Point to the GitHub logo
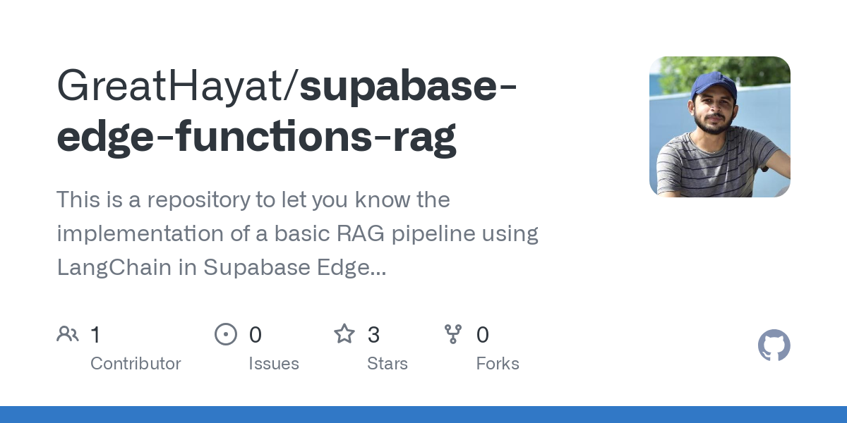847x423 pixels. [x=774, y=345]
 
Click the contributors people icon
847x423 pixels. [x=68, y=333]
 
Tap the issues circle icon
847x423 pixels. [x=225, y=333]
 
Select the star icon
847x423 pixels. [x=344, y=333]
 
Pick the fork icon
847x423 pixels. [x=453, y=333]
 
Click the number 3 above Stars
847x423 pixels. [x=373, y=334]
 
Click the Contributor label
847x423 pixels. [x=136, y=364]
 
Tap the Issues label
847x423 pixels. [x=274, y=364]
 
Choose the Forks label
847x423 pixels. [x=498, y=364]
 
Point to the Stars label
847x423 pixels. [x=388, y=364]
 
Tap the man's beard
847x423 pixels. [x=711, y=125]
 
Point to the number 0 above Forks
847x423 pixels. [x=483, y=334]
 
